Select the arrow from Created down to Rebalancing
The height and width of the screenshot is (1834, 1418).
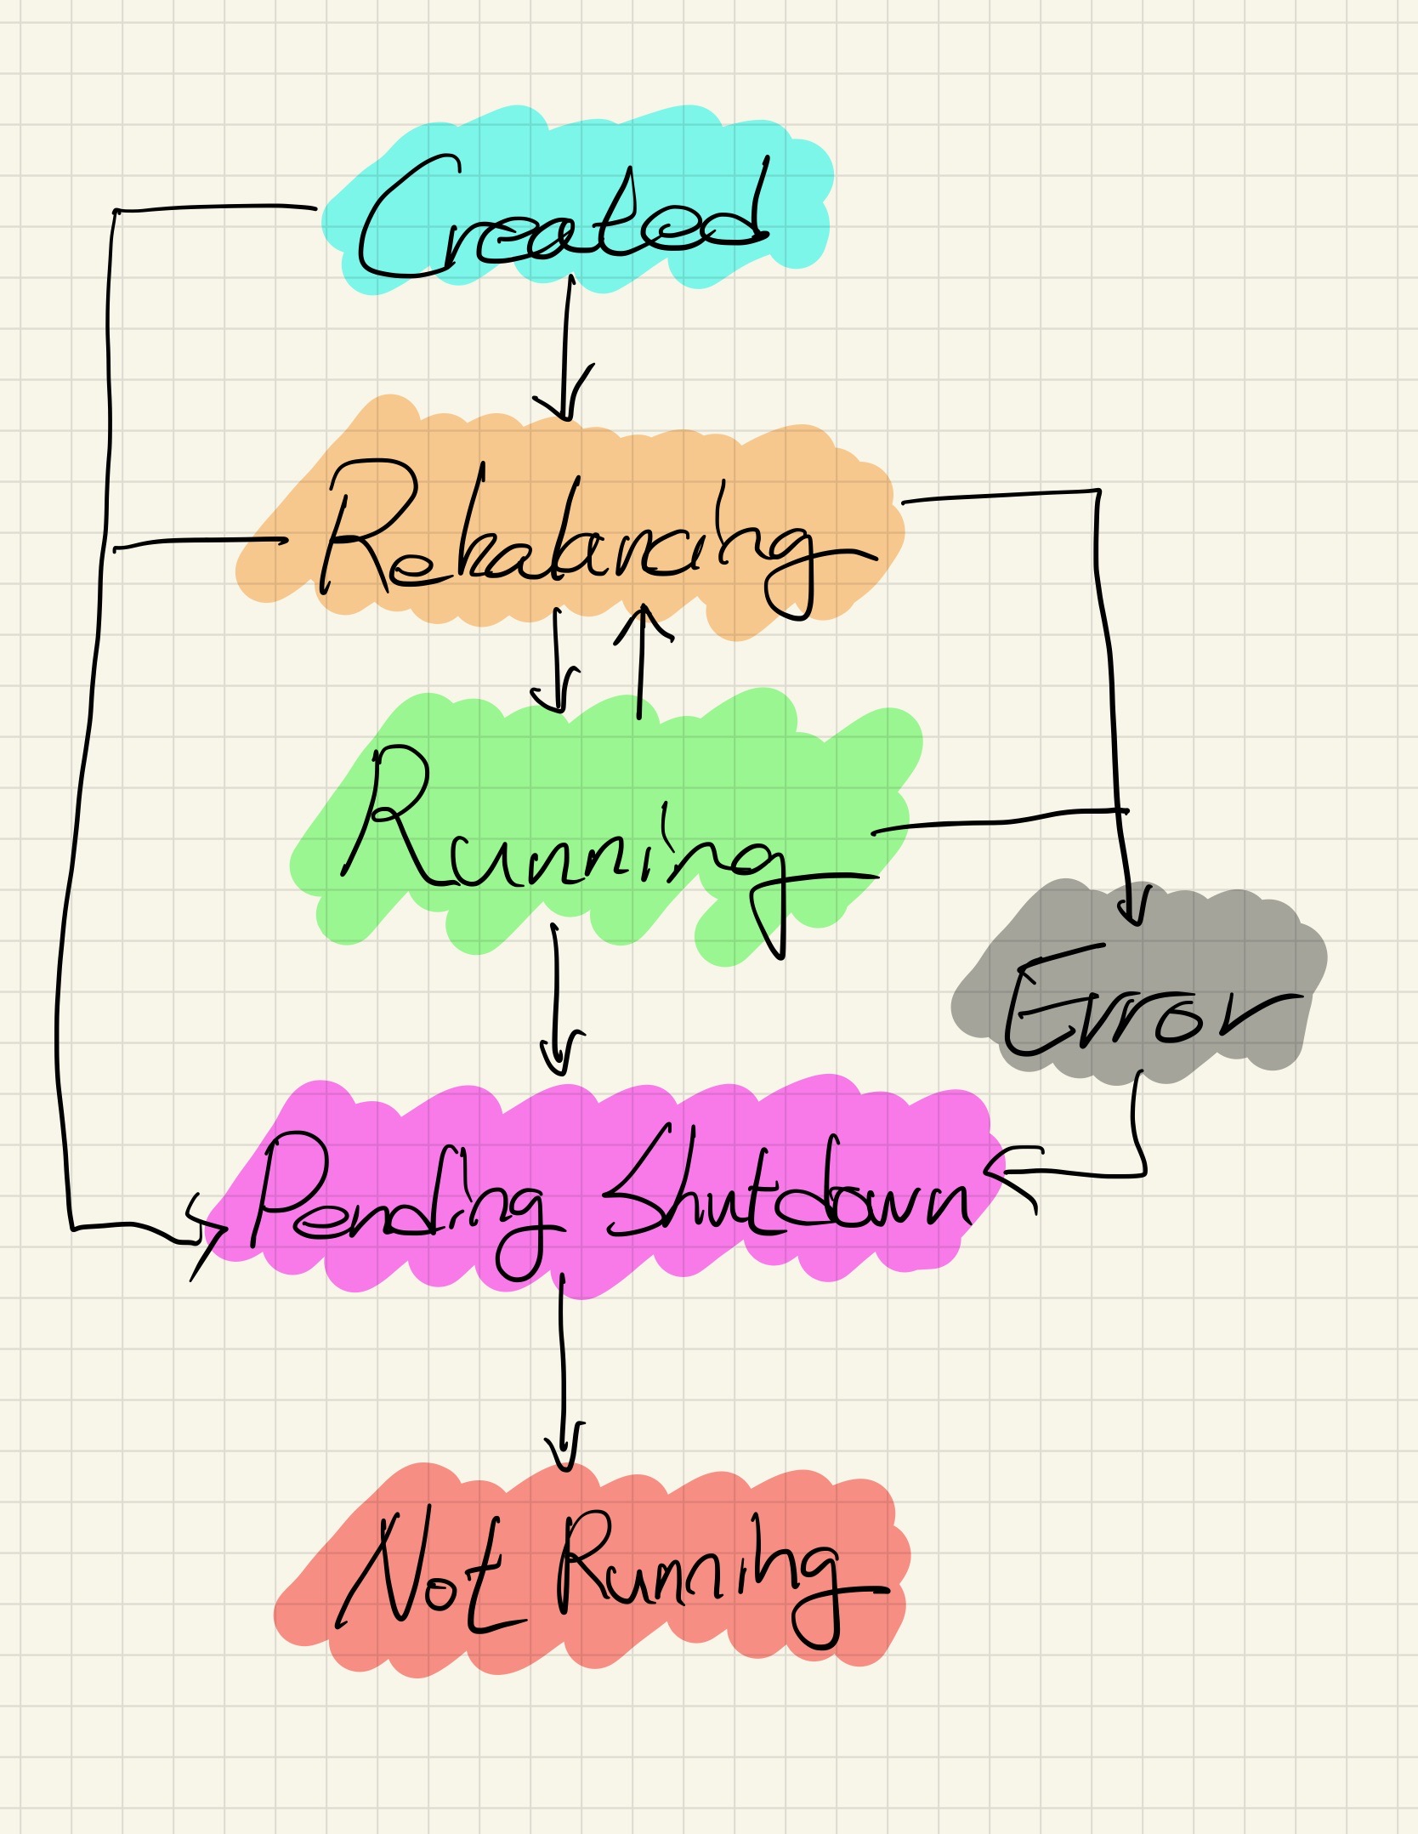click(565, 349)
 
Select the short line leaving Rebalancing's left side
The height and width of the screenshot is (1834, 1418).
click(196, 542)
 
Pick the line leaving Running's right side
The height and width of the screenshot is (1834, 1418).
click(995, 820)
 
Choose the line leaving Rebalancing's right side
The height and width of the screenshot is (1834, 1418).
click(1003, 496)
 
